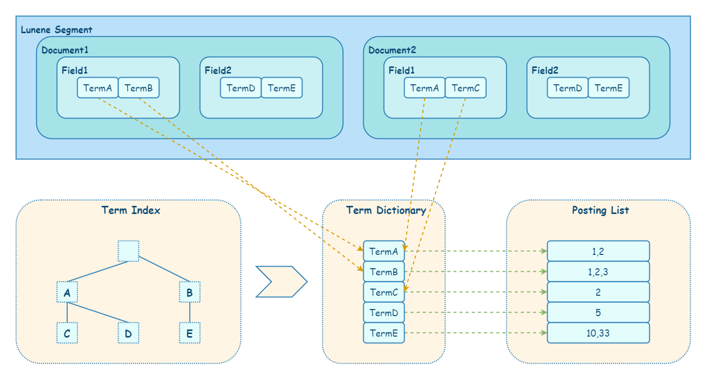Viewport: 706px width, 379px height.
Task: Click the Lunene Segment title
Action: click(x=56, y=30)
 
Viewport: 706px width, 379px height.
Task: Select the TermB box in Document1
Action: click(x=138, y=88)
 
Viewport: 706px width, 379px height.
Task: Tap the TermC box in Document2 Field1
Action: click(x=465, y=88)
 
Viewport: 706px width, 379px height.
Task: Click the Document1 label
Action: click(x=65, y=50)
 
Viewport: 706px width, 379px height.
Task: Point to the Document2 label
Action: click(x=392, y=50)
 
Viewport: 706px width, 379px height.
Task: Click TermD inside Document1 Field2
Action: click(x=241, y=88)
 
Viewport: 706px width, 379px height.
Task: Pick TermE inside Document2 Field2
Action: click(x=608, y=88)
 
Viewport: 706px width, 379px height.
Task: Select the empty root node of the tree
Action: click(x=128, y=251)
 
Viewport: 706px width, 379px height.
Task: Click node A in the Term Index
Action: click(x=67, y=293)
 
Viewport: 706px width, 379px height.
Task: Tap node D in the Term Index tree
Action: click(x=128, y=334)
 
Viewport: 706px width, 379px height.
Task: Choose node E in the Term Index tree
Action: click(x=190, y=334)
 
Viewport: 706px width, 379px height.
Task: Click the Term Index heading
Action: click(x=131, y=210)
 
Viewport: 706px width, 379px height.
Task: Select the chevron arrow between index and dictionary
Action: click(x=281, y=281)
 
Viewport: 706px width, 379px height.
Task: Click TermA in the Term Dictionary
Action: click(x=384, y=251)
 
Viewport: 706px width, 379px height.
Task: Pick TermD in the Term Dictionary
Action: click(x=384, y=313)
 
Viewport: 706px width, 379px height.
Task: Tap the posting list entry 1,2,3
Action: click(x=598, y=272)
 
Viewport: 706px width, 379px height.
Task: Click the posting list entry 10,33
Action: click(x=598, y=333)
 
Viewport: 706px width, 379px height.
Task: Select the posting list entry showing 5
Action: click(x=598, y=313)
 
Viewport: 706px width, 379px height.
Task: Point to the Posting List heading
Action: click(x=600, y=210)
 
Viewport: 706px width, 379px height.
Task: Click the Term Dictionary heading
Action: click(x=386, y=210)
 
